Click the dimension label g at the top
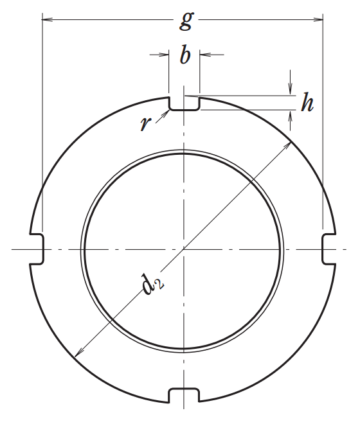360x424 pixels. tap(186, 21)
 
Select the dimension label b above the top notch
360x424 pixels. tap(185, 57)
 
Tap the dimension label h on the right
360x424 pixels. tap(307, 103)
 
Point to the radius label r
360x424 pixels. tap(145, 123)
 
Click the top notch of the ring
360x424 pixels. tap(184, 103)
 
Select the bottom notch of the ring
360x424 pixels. tap(184, 394)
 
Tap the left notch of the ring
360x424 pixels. tap(37, 249)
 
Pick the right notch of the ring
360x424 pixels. tap(329, 249)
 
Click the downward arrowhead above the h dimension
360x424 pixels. tap(291, 91)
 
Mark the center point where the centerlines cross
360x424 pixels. tap(184, 249)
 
